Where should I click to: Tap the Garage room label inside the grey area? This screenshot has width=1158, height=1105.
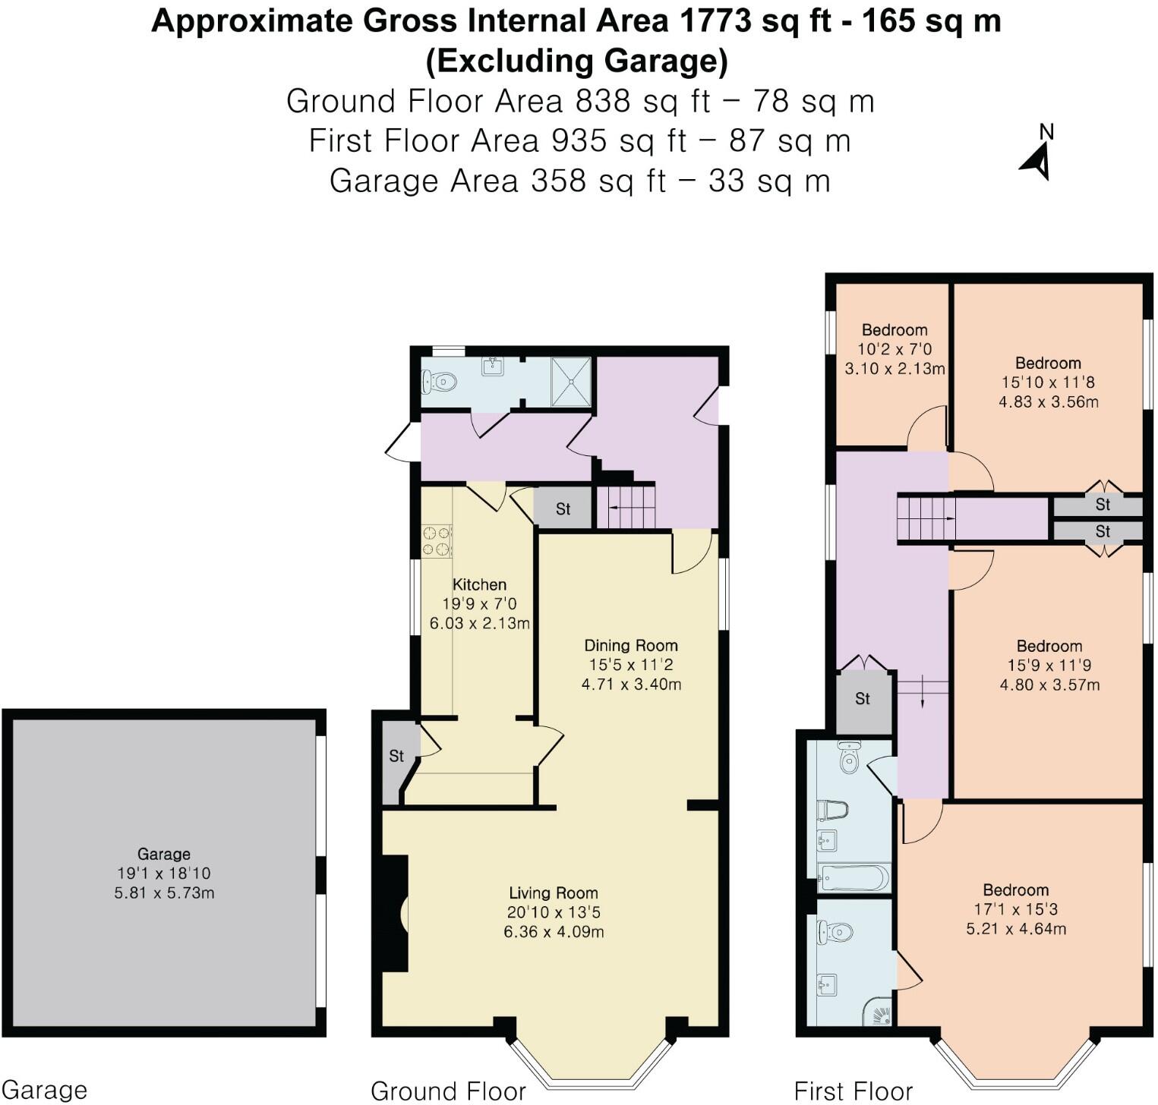pos(163,854)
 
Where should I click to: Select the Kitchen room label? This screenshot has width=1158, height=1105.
pos(479,584)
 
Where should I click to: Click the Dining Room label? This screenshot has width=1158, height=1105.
pos(630,645)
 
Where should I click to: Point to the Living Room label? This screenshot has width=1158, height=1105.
pos(553,893)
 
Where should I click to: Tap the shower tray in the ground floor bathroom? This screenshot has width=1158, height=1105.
pos(570,381)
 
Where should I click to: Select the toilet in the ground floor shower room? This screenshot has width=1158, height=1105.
pos(439,381)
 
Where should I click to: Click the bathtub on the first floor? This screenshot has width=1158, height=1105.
pos(854,879)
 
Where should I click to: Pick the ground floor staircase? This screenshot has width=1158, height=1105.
pos(625,506)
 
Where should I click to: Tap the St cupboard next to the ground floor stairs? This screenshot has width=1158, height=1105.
pos(563,508)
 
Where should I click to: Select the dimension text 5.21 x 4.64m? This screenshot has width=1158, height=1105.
pos(1016,929)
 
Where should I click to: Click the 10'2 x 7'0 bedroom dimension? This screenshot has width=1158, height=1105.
pos(895,350)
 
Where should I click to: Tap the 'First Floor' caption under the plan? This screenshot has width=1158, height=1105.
pos(853,1091)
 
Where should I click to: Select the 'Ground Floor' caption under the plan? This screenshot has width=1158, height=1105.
pos(448,1091)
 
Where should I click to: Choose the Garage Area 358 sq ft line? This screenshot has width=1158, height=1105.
pos(579,181)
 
